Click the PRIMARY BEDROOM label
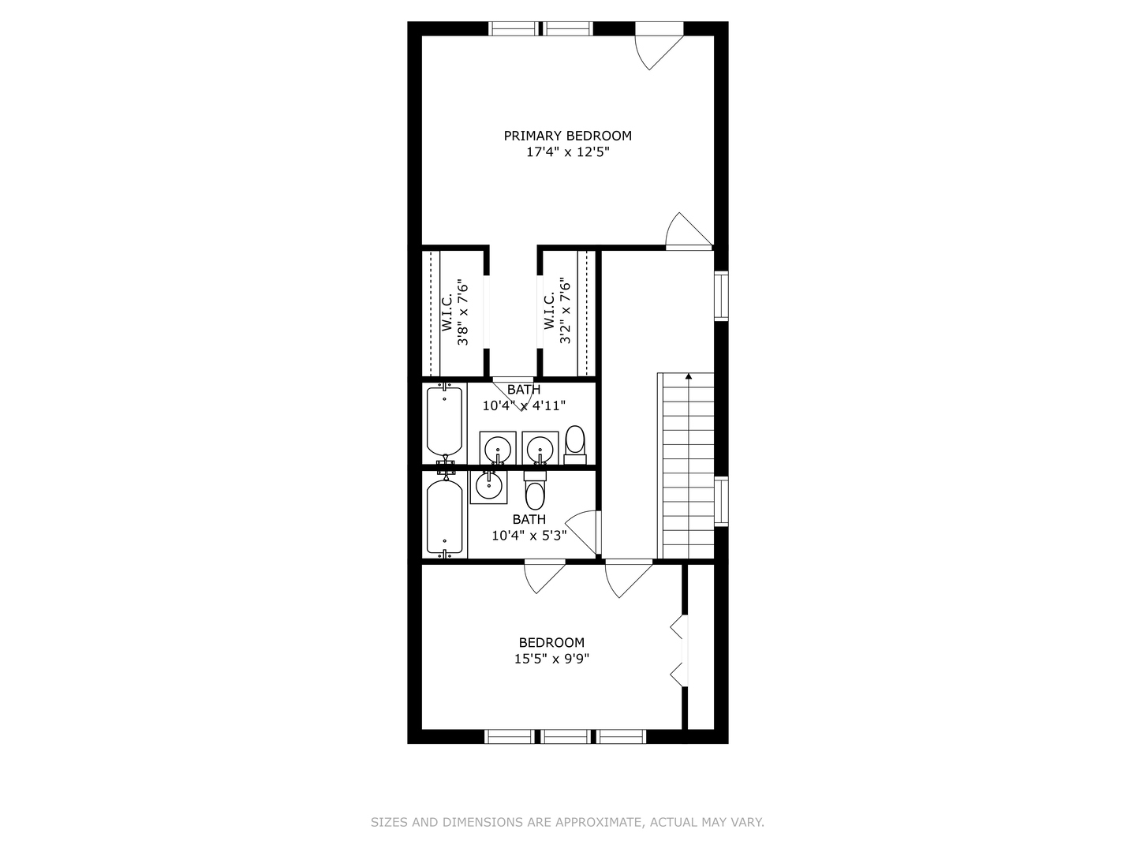tap(567, 136)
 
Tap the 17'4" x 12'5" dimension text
tap(567, 152)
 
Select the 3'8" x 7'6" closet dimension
tap(465, 313)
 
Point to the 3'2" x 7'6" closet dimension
tap(565, 311)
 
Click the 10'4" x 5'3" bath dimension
tap(529, 536)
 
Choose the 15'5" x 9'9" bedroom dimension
tap(551, 659)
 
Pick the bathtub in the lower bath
tap(444, 517)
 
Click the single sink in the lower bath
tap(489, 484)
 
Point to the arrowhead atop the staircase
tap(689, 376)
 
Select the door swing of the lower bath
tap(582, 529)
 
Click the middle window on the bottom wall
tap(565, 736)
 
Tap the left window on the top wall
tap(514, 28)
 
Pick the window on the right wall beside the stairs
tap(721, 502)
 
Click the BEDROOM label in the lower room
tap(551, 642)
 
